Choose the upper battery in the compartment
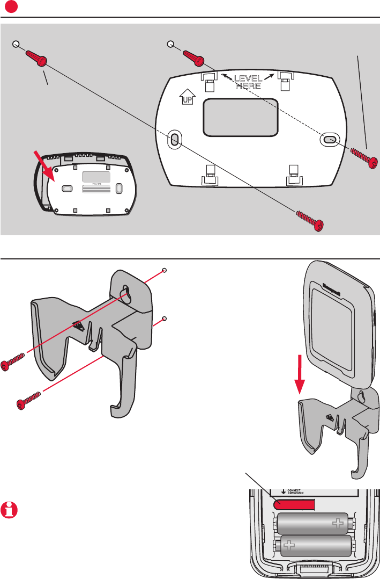click(314, 523)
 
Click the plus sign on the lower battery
click(289, 546)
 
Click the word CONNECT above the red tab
click(296, 491)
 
